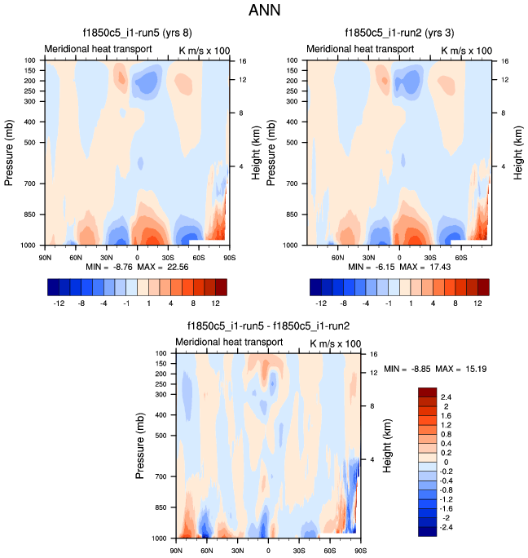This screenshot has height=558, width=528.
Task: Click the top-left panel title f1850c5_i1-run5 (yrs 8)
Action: [x=138, y=33]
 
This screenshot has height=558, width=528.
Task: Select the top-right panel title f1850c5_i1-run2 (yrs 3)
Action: [x=400, y=33]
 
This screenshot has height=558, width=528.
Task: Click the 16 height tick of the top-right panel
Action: [x=505, y=61]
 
